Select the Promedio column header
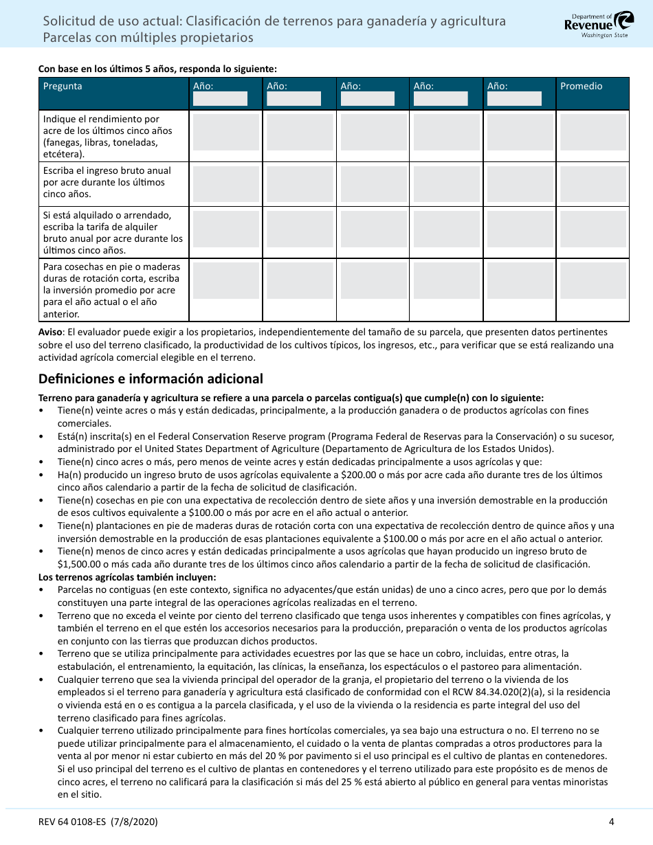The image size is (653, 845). (581, 87)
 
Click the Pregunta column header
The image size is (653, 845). (63, 87)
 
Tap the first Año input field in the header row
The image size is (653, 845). (220, 98)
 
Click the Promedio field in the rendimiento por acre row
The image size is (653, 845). (593, 133)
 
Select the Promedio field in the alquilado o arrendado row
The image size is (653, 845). (593, 229)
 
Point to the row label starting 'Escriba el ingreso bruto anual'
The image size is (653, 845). (107, 182)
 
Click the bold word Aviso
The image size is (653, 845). (51, 332)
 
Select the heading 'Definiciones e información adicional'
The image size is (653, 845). (151, 379)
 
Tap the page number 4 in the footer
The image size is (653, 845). (611, 822)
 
